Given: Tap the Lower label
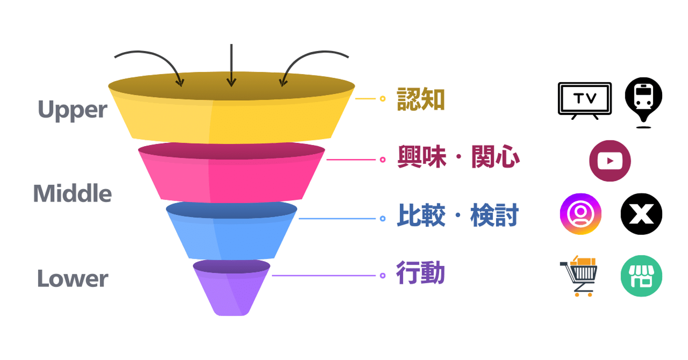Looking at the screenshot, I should [73, 279].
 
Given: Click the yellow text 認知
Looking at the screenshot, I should [421, 99].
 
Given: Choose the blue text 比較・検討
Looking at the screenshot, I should [457, 216].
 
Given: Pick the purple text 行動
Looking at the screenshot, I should [420, 274].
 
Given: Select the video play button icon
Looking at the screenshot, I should [610, 161].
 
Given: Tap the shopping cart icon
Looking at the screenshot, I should [580, 276].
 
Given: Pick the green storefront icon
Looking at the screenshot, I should [641, 276].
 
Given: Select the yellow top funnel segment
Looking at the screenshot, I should [231, 119].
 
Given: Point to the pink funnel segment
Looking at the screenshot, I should [231, 177].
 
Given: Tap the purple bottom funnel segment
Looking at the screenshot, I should [231, 291].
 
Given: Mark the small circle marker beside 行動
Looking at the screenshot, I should [382, 275].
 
